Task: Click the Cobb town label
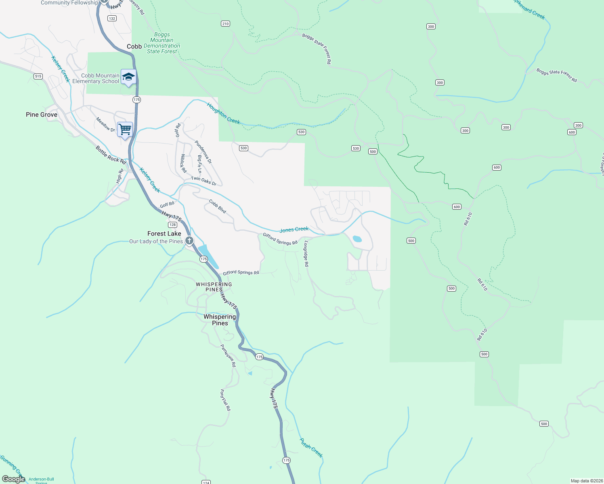134,46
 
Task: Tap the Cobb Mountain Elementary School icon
128,77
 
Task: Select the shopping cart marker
125,129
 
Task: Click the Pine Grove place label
42,115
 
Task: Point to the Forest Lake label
164,234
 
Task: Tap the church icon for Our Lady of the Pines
189,241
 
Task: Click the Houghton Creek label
223,113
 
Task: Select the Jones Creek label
294,229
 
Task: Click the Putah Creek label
311,448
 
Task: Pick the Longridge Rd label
306,254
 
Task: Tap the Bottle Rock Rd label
111,155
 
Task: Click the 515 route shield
38,76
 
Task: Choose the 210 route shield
225,24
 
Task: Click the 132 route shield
112,19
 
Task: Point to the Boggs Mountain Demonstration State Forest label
162,43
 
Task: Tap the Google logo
13,479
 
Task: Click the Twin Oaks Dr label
203,181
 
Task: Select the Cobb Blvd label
218,207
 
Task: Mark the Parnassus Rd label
228,355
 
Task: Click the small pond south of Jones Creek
357,239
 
